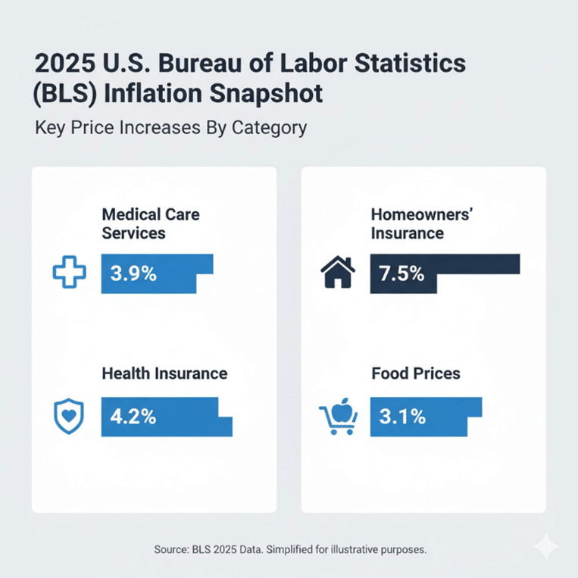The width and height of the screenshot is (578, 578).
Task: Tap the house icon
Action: [x=339, y=274]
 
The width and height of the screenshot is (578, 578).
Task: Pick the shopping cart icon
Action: [x=336, y=417]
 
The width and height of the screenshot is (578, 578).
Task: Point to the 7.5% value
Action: [x=402, y=274]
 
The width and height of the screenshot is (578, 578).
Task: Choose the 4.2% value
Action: [x=133, y=417]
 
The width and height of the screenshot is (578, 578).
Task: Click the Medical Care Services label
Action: [x=150, y=223]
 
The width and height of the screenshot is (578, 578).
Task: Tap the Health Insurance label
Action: [x=164, y=373]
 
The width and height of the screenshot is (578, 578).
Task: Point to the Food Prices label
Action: [x=416, y=373]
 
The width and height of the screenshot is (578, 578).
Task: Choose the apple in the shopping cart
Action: [x=339, y=408]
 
